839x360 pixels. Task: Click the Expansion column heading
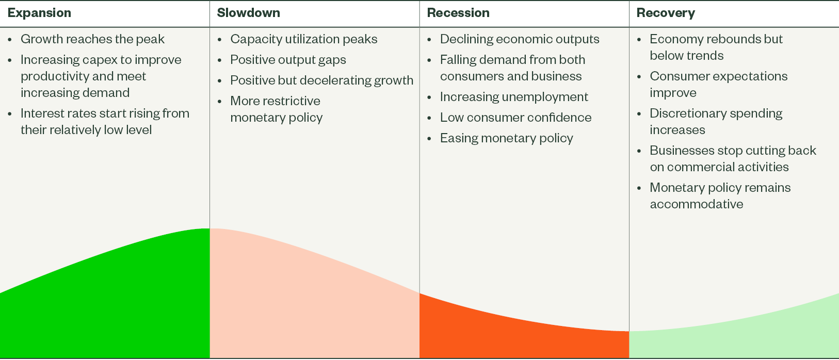click(x=39, y=13)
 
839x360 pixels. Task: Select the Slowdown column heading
click(x=248, y=13)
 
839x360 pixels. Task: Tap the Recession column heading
click(x=458, y=13)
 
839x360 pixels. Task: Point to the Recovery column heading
click(x=666, y=13)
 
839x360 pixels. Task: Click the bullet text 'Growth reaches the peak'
click(x=92, y=39)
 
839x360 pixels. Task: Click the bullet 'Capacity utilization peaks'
click(x=304, y=39)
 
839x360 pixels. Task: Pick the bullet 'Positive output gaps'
click(x=288, y=60)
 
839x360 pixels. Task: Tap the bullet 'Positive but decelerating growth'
click(x=322, y=80)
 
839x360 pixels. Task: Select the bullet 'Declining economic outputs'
click(x=520, y=39)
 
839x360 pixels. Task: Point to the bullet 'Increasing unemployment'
click(x=514, y=97)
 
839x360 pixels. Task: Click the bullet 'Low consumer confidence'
click(x=516, y=118)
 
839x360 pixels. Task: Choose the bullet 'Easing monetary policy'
click(x=506, y=138)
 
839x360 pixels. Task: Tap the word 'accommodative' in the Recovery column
click(x=697, y=204)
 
